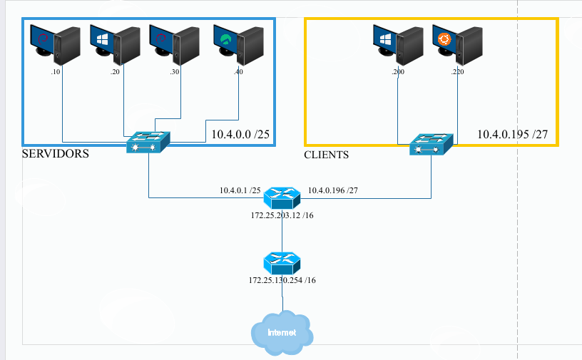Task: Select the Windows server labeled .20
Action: (115, 45)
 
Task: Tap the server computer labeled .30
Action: (174, 45)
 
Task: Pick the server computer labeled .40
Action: (238, 45)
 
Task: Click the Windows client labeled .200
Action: (399, 45)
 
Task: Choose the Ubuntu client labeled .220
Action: (457, 45)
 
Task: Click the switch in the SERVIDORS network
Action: (148, 142)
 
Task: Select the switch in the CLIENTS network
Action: (431, 145)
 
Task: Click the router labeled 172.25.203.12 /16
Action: (282, 197)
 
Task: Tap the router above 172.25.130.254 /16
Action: (282, 262)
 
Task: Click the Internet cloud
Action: (282, 332)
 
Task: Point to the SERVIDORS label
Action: (56, 153)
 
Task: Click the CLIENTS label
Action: (326, 154)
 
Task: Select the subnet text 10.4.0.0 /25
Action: (240, 134)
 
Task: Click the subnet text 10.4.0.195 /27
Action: (512, 134)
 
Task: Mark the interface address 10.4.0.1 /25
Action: (239, 191)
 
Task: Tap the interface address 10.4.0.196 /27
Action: (332, 191)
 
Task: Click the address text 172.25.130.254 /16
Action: (282, 280)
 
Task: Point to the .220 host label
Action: (457, 73)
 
